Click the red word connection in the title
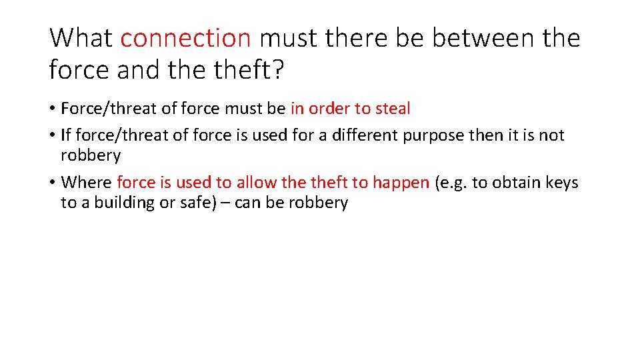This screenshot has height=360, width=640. (185, 38)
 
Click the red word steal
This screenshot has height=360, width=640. (393, 108)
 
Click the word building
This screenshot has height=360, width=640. (115, 203)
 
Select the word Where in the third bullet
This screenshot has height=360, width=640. (87, 182)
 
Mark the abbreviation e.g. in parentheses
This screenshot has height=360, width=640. (452, 183)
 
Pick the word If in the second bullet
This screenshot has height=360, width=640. (65, 135)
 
